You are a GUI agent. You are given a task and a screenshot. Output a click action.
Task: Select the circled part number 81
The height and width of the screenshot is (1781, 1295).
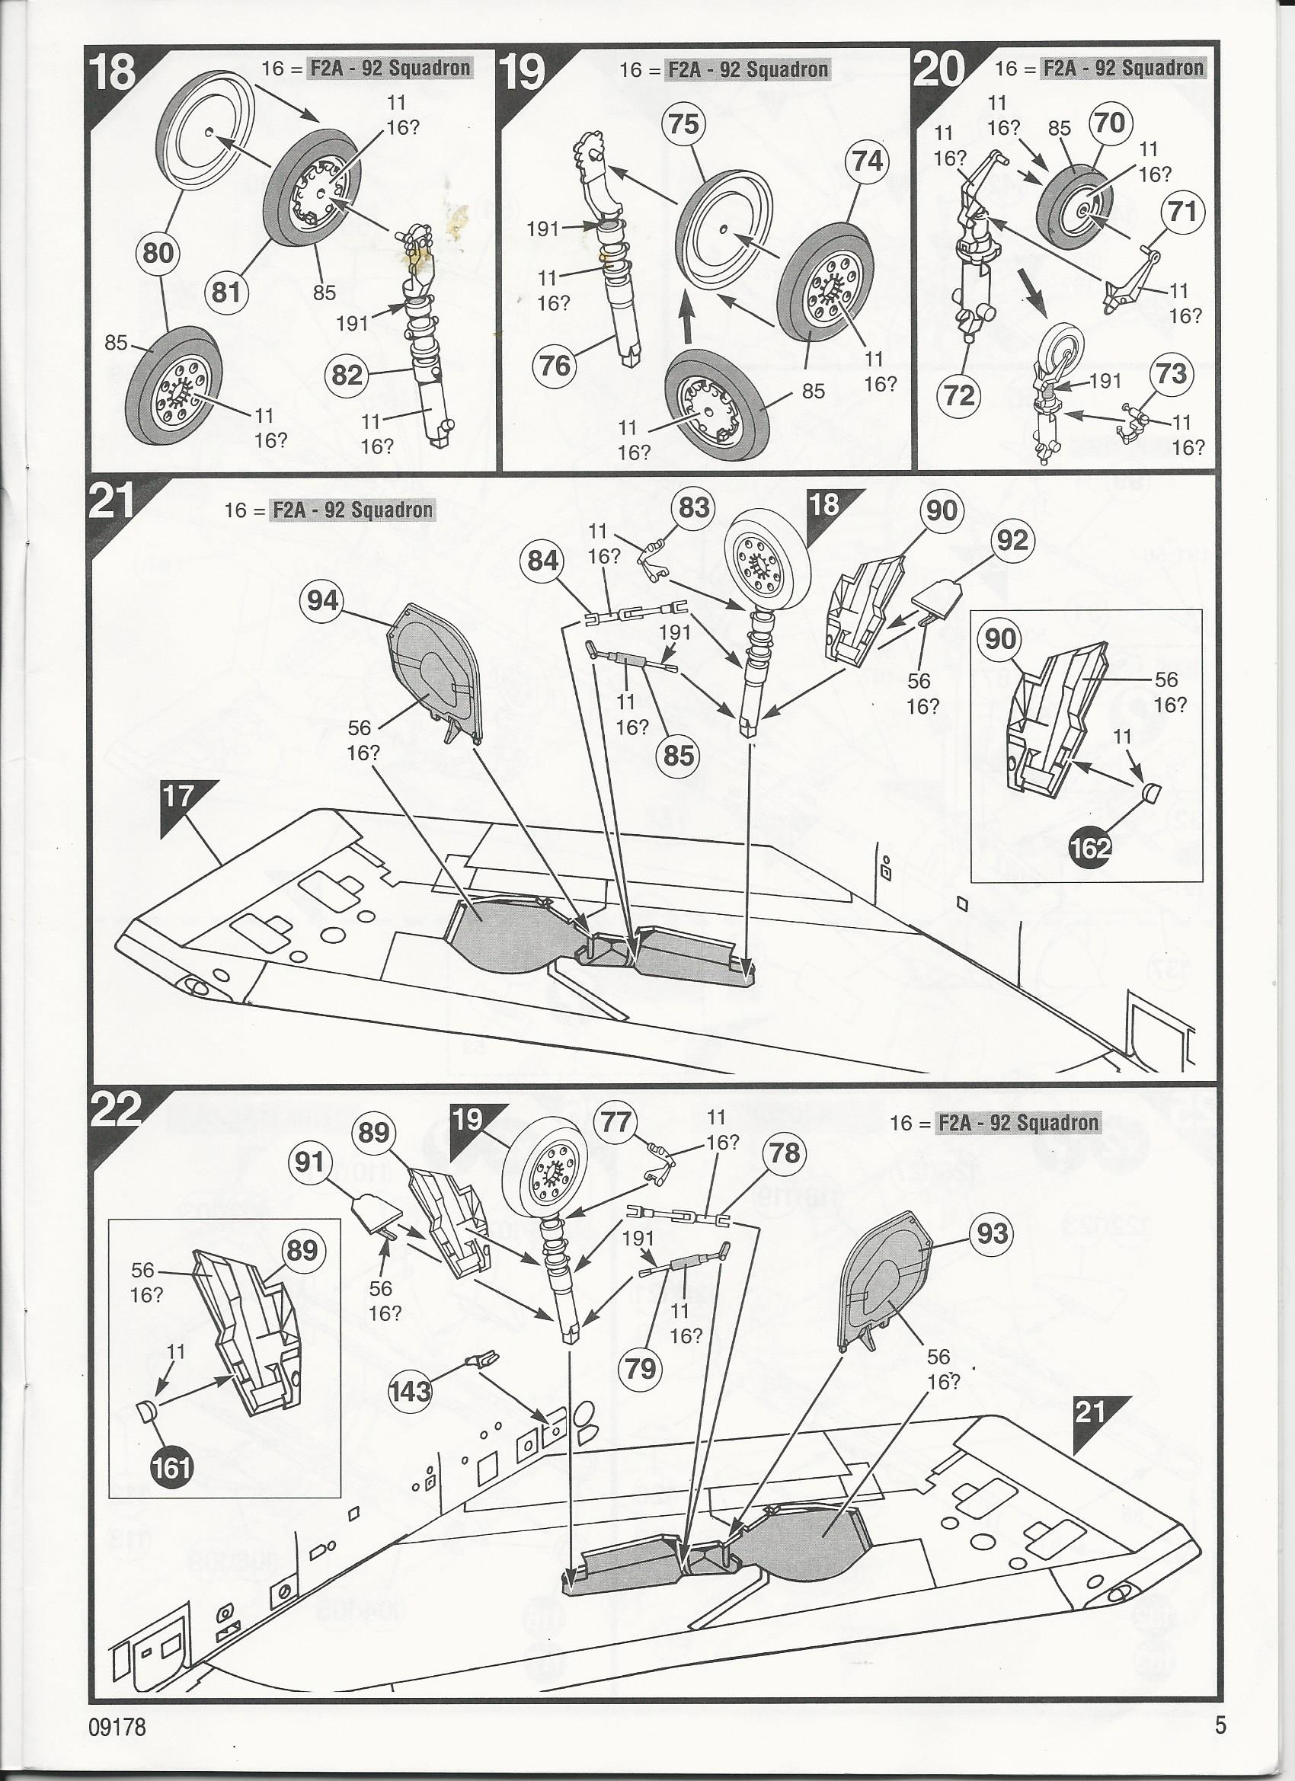[226, 291]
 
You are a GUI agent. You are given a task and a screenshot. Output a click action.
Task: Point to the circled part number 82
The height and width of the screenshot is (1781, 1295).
[347, 376]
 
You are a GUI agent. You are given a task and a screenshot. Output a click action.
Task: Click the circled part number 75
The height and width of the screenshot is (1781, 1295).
[685, 124]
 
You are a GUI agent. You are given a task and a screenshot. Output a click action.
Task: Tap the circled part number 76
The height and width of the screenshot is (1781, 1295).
[555, 365]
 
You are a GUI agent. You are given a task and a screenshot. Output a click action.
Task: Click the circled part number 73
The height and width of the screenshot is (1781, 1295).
[1172, 373]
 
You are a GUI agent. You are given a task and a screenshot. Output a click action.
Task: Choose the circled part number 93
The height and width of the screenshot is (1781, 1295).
[992, 1233]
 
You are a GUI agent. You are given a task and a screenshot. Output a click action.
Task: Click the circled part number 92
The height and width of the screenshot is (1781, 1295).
[1012, 540]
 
